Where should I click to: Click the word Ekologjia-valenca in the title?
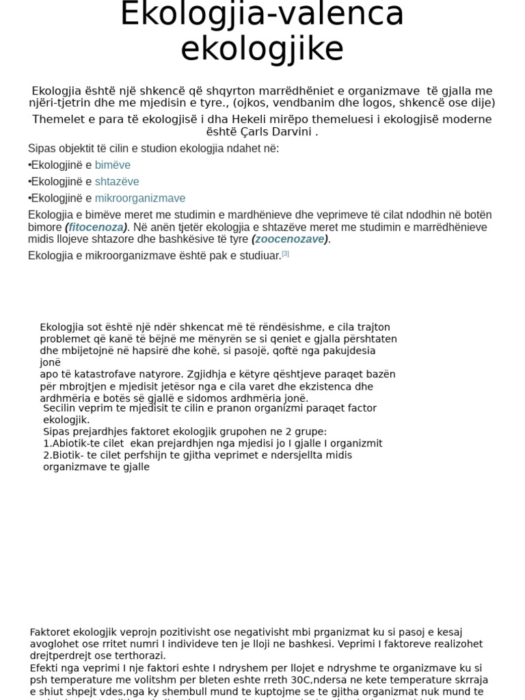262,15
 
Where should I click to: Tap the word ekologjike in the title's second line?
262,49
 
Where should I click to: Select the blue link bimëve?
112,165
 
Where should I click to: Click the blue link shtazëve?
117,182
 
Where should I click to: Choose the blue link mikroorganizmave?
140,198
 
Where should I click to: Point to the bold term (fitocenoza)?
96,227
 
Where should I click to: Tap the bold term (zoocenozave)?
290,239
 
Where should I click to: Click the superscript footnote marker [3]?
285,254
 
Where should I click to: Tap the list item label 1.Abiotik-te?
72,444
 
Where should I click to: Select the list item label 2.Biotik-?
67,455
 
